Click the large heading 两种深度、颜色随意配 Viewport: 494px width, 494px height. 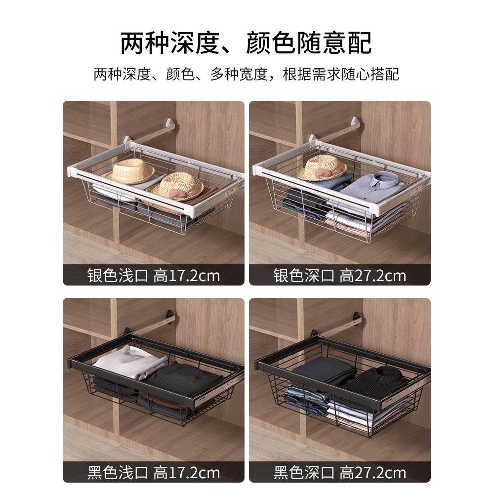tap(246, 43)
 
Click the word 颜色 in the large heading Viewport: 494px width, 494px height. tap(270, 43)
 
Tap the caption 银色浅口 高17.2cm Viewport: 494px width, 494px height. tap(153, 275)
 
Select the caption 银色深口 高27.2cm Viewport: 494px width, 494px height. tap(340, 275)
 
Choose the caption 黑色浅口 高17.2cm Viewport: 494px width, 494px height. tap(153, 472)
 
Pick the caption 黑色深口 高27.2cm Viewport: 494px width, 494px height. tap(340, 472)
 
